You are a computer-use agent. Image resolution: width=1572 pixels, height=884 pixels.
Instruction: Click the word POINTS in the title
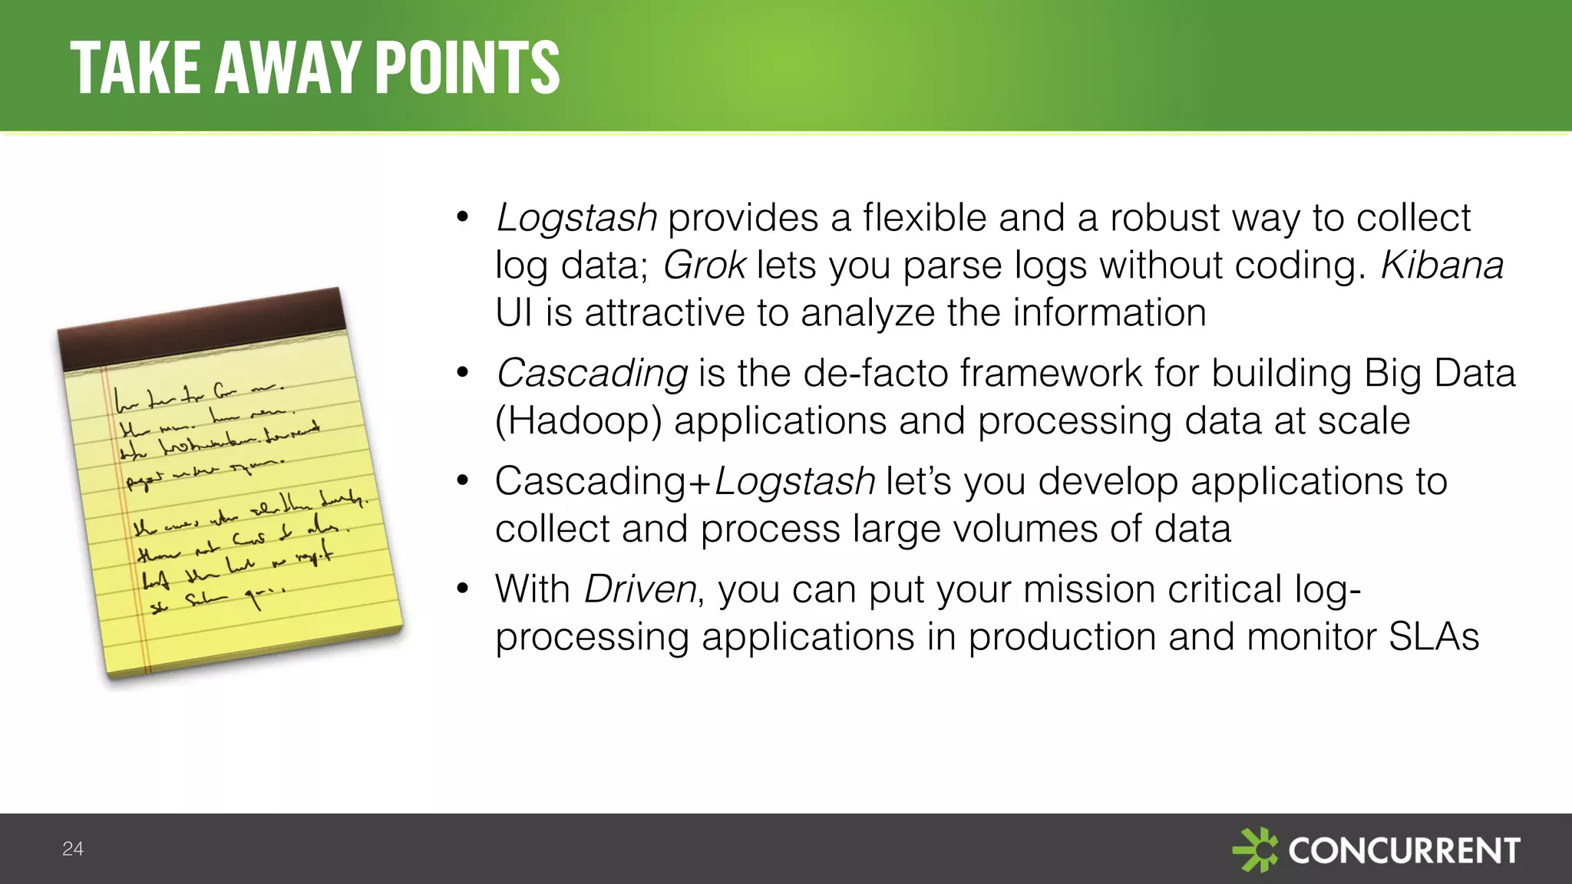pos(467,68)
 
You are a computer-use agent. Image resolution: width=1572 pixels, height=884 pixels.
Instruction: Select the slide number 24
pos(73,849)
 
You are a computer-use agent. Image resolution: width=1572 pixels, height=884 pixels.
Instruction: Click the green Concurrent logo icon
pos(1254,850)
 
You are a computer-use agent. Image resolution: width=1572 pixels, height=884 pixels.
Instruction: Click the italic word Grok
pos(704,266)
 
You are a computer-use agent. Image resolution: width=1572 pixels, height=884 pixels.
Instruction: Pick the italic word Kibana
pos(1442,266)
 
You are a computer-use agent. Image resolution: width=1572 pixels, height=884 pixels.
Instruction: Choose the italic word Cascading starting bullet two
pos(592,374)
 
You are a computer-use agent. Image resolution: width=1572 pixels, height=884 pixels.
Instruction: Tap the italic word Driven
pos(640,589)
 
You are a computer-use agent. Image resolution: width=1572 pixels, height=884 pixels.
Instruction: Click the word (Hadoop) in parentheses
pos(578,421)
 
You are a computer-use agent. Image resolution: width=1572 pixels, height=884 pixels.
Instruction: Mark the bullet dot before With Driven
pos(462,589)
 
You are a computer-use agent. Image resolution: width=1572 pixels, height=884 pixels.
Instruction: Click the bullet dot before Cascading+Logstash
pos(462,482)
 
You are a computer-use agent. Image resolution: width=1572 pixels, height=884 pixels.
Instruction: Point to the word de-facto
pos(857,374)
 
